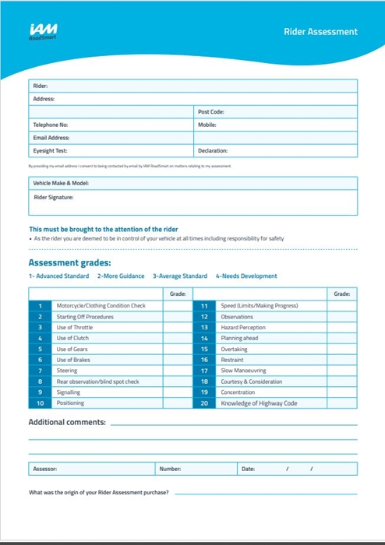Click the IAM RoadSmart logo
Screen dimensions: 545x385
coord(42,31)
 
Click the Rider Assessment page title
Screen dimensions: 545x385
coord(320,32)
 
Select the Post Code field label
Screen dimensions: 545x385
coord(211,112)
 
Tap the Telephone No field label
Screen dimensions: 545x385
coord(51,125)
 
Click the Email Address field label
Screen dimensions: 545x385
coord(51,138)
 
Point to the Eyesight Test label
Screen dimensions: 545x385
coord(50,150)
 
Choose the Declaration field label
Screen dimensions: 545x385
coord(213,150)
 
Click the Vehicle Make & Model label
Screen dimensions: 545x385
coord(60,183)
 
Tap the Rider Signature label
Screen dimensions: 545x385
coord(53,197)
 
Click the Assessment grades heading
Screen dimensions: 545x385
coord(69,262)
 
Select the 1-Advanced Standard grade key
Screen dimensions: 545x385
coord(58,276)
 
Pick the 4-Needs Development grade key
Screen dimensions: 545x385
coord(246,276)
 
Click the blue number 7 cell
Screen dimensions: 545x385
coord(40,371)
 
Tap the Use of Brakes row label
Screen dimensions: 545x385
coord(74,360)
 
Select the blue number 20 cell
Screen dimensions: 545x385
coord(204,403)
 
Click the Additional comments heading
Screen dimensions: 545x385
coord(67,422)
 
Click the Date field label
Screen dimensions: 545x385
coord(248,469)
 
